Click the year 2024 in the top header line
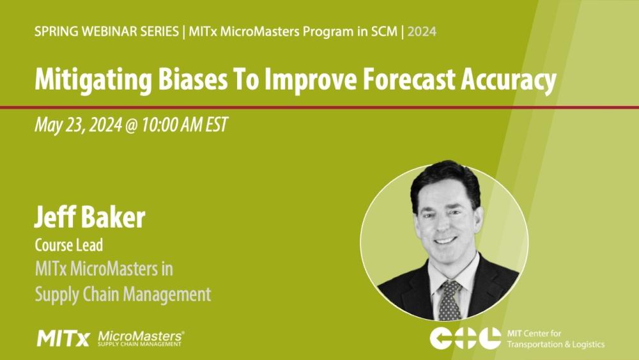click(422, 31)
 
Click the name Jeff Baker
click(89, 218)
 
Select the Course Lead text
click(68, 245)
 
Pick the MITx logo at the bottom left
click(63, 338)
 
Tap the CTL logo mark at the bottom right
click(465, 338)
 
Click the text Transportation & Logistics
click(555, 344)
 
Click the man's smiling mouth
click(445, 240)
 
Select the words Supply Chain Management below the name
click(122, 294)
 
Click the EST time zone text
click(216, 125)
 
